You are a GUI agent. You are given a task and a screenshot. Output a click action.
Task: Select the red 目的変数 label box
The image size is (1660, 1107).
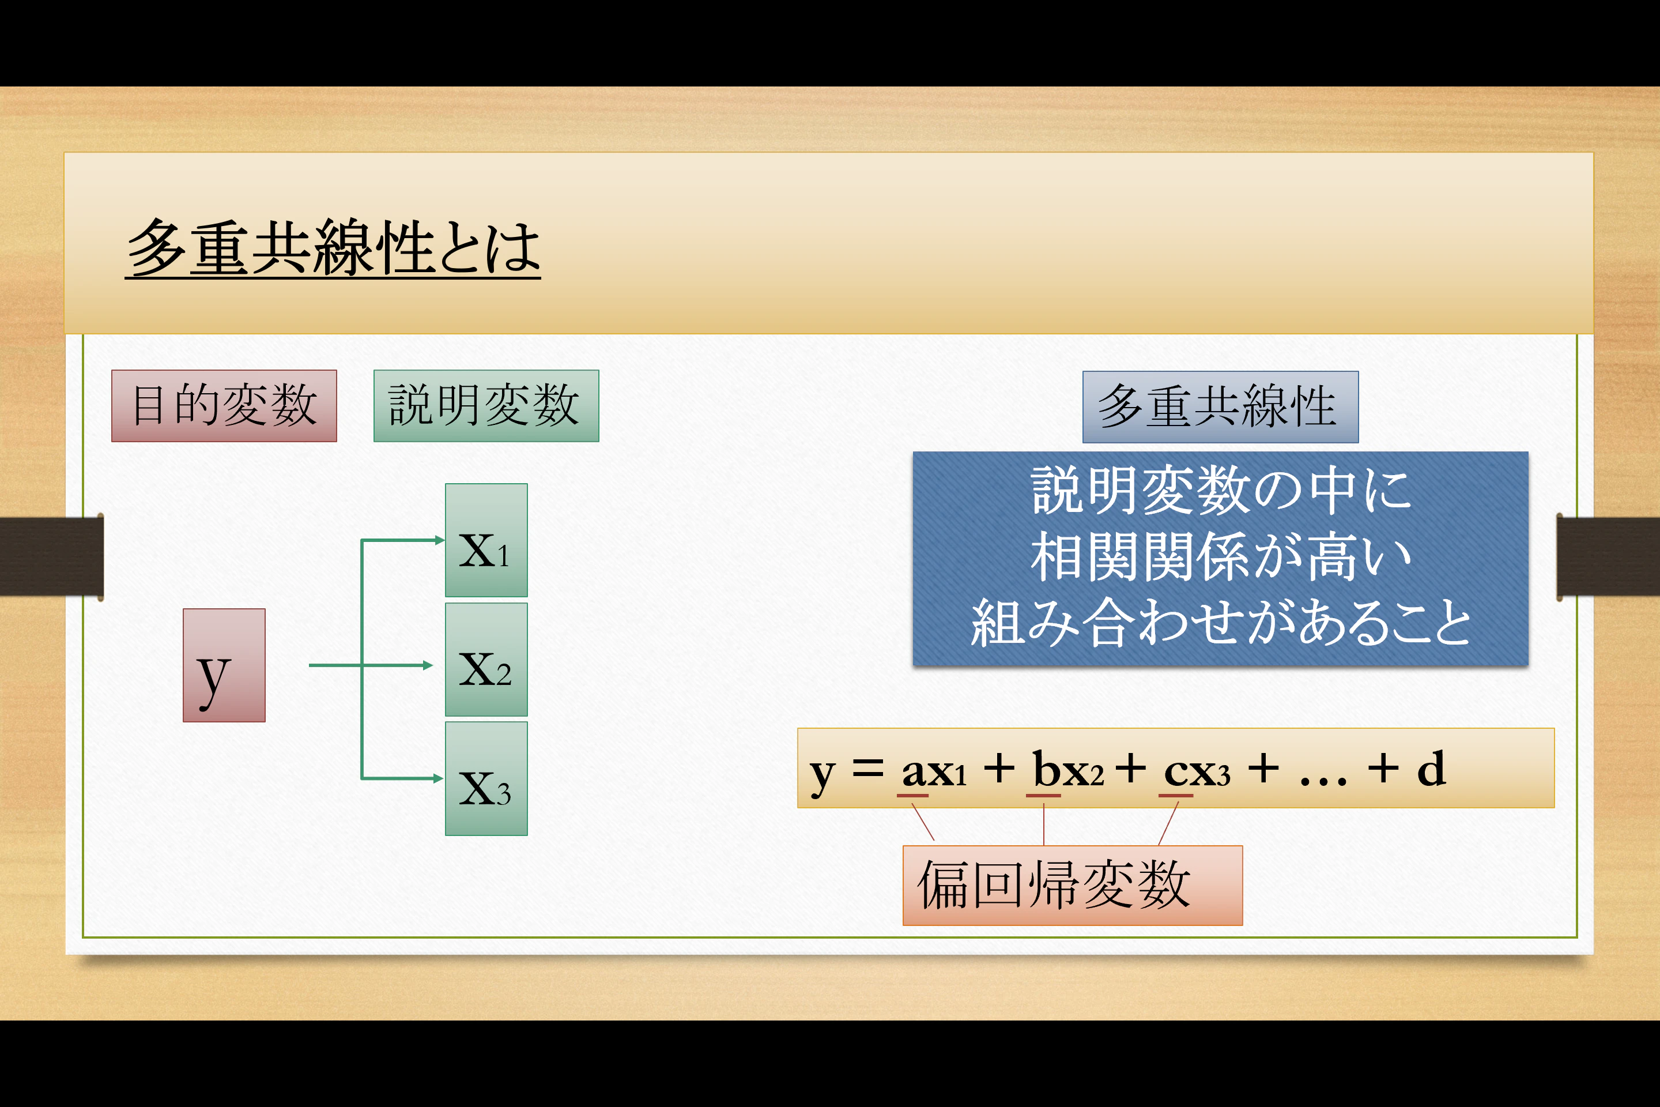(x=224, y=406)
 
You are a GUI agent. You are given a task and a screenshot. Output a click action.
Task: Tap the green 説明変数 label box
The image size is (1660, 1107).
(x=485, y=406)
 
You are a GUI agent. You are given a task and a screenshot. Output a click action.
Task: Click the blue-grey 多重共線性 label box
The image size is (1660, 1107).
(x=1220, y=406)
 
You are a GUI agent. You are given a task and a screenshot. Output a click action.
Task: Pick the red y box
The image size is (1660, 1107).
(x=224, y=665)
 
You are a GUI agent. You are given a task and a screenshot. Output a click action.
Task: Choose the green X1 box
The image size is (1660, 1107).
(x=485, y=540)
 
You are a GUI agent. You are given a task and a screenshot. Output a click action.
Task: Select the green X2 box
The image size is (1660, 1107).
(x=485, y=660)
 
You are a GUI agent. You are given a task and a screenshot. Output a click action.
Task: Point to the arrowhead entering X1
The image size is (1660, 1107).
(x=439, y=540)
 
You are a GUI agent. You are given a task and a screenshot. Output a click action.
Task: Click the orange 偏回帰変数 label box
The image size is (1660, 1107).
(x=1072, y=886)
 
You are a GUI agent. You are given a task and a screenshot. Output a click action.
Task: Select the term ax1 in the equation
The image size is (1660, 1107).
(x=934, y=770)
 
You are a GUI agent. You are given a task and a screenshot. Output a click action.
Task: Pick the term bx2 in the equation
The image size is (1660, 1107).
(x=1067, y=770)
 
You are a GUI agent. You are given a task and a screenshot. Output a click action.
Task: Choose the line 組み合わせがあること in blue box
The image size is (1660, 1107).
(x=1220, y=623)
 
